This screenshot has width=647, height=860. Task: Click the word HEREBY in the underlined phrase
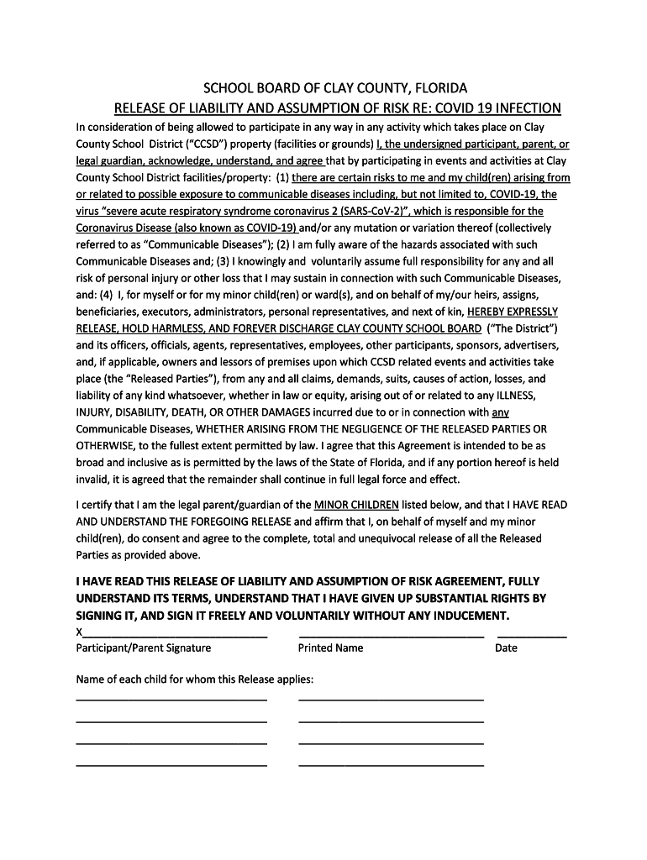[488, 312]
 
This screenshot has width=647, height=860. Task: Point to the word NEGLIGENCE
[355, 429]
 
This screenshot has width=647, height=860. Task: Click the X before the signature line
[80, 632]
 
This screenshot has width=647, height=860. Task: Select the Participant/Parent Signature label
[144, 648]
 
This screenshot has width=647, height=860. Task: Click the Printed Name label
[331, 648]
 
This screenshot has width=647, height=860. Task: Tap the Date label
[506, 648]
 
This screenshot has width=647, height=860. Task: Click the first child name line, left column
[171, 699]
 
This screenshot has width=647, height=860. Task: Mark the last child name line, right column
[391, 765]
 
